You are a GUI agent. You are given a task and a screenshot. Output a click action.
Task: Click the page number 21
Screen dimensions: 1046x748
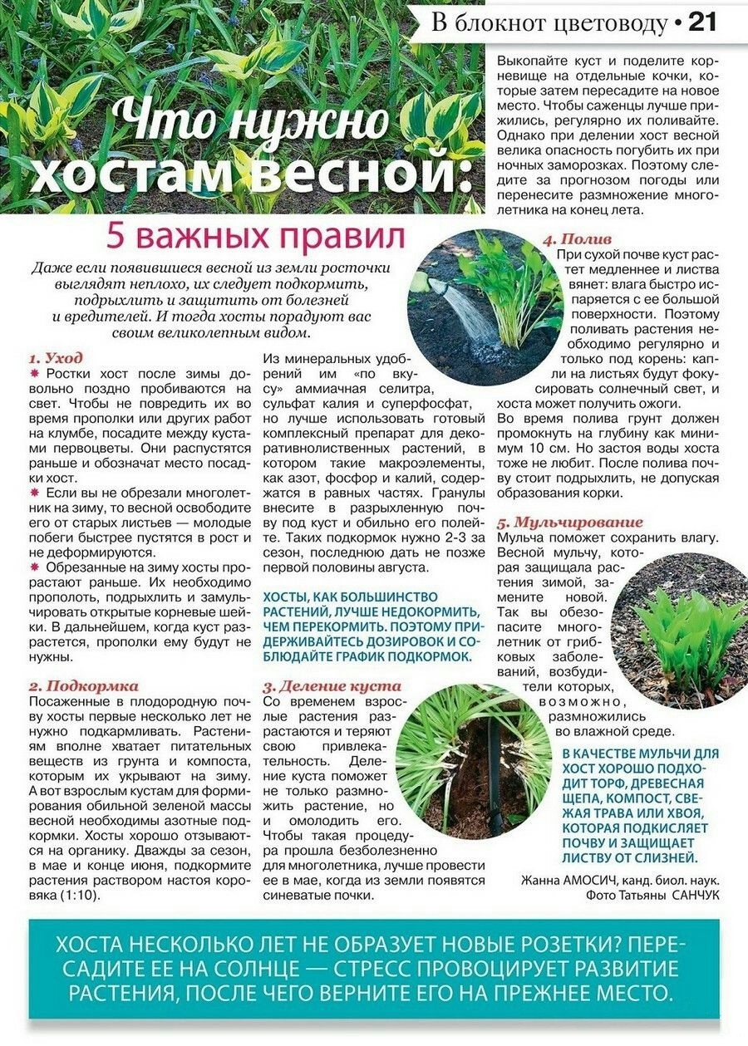click(x=703, y=22)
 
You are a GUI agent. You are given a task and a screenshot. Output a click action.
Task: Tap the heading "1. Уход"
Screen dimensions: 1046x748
click(x=56, y=358)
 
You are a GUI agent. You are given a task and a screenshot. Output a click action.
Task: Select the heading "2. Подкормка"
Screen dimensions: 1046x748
click(x=83, y=686)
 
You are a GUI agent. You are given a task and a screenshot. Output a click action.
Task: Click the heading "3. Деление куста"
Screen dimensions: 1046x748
click(x=332, y=687)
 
